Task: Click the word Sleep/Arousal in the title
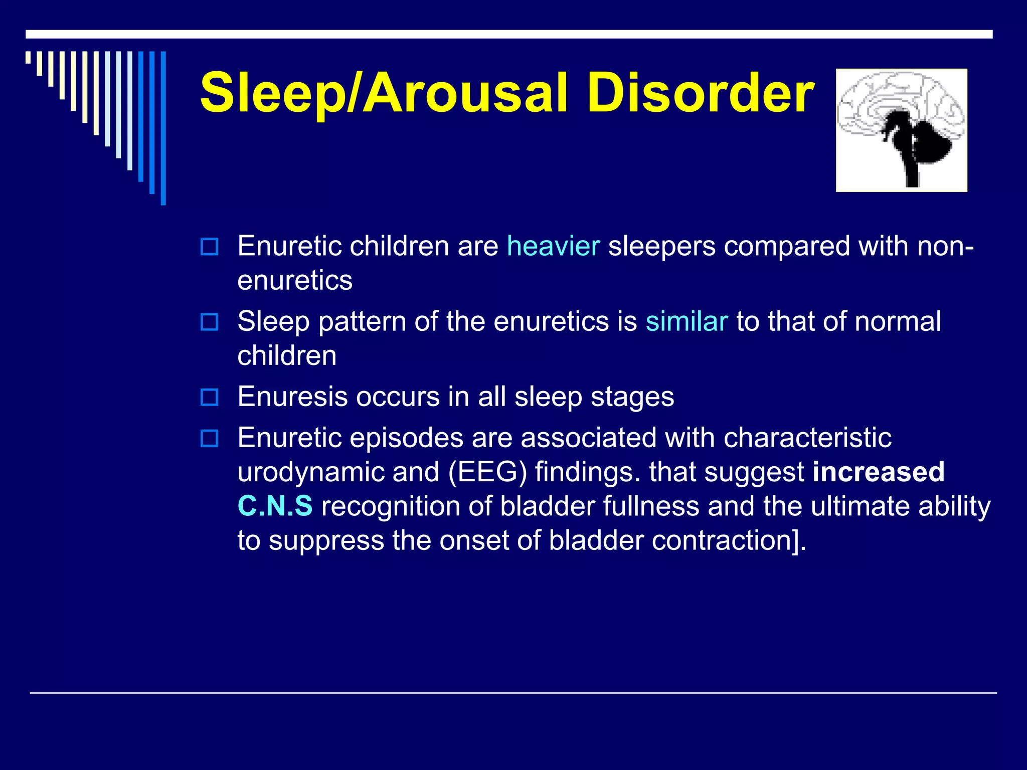pos(384,93)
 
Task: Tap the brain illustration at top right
pos(901,130)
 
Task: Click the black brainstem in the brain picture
pos(910,160)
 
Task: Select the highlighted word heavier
pos(553,246)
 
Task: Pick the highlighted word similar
pos(686,321)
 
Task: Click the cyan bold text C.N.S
pos(275,506)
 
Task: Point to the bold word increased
pos(878,472)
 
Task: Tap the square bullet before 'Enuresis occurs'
pos(209,398)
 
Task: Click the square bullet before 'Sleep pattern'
pos(209,322)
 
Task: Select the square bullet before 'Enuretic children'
pos(209,247)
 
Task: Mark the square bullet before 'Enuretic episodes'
pos(209,439)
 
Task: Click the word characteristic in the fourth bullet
pos(807,438)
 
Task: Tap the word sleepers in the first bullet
pos(661,247)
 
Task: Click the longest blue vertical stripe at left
pos(163,128)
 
